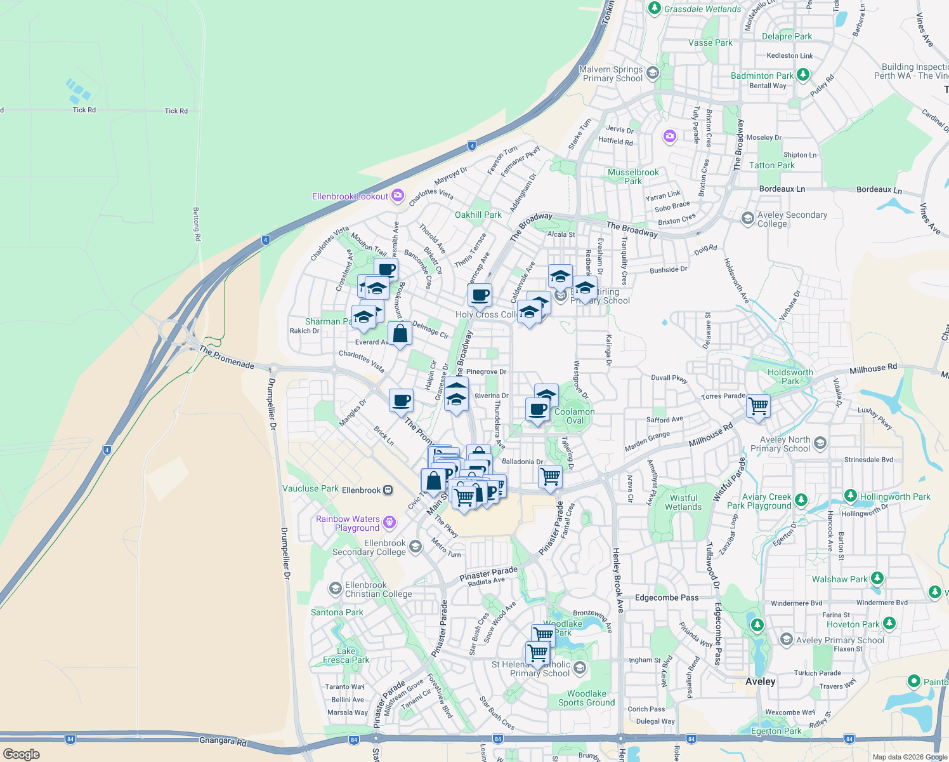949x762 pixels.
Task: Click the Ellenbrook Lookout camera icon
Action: [x=398, y=196]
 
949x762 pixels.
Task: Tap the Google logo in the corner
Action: [x=22, y=754]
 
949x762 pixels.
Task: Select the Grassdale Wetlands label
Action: [x=702, y=9]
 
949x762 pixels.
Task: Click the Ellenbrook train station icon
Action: [x=388, y=490]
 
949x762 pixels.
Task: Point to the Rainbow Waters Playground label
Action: [x=348, y=523]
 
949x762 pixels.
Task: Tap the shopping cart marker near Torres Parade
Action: [x=759, y=406]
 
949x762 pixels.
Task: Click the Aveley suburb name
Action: [x=760, y=681]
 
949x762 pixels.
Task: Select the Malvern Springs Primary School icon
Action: [x=653, y=74]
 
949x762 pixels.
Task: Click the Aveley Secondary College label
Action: [x=792, y=219]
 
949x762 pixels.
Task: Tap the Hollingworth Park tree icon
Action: [x=851, y=496]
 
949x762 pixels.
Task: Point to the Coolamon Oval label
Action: [x=575, y=416]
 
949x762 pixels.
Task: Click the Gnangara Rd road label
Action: [x=222, y=740]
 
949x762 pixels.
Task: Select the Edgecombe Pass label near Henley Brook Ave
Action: [x=667, y=598]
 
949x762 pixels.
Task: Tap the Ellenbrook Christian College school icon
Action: [x=335, y=589]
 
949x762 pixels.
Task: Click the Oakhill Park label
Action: [x=478, y=215]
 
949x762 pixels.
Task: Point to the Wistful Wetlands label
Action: [x=683, y=502]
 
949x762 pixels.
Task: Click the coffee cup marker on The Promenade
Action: [x=401, y=401]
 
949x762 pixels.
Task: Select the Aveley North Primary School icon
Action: [x=820, y=443]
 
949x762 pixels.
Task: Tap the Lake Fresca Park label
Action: [x=346, y=655]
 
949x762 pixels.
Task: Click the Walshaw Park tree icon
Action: [x=877, y=578]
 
